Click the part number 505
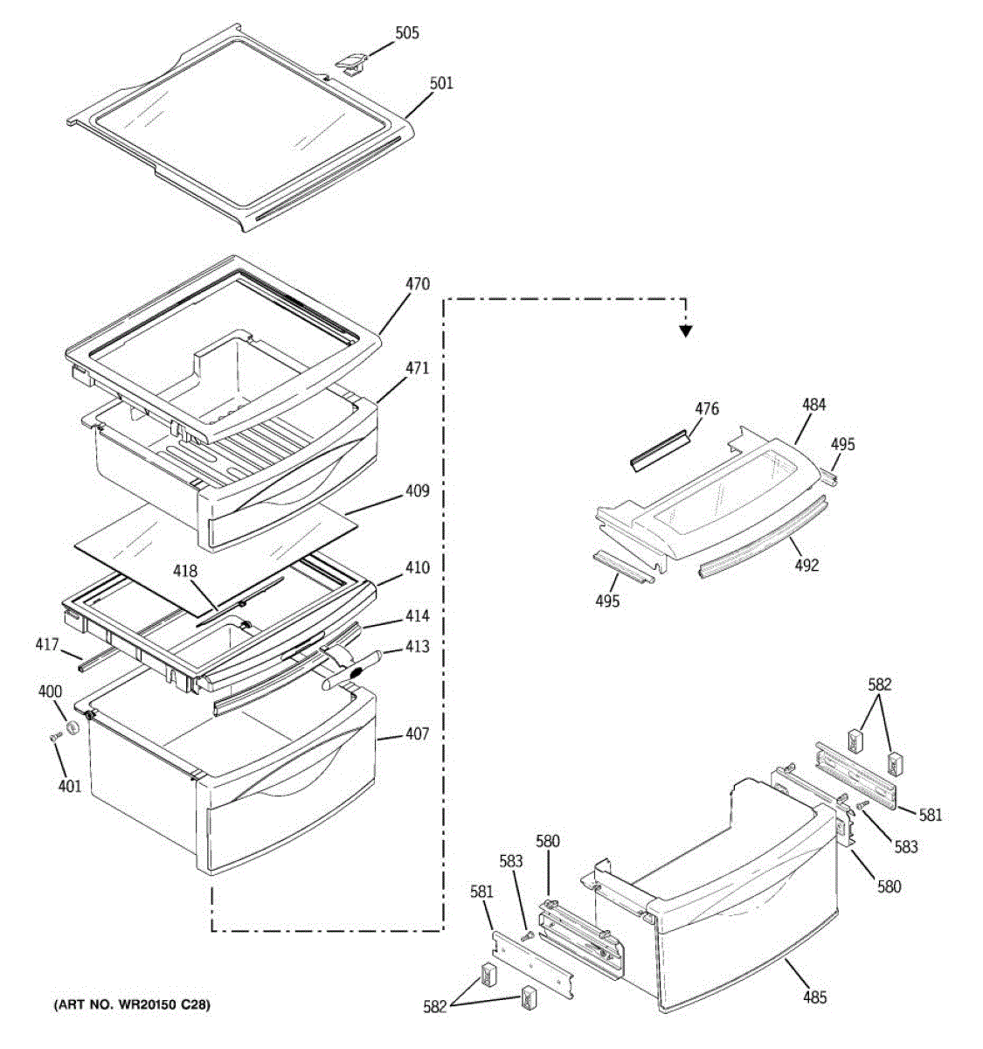pyautogui.click(x=407, y=33)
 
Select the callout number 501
pyautogui.click(x=441, y=84)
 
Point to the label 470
pyautogui.click(x=417, y=284)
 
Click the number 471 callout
pyautogui.click(x=417, y=369)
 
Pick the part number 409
pyautogui.click(x=417, y=491)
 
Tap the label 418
pyautogui.click(x=186, y=572)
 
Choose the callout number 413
pyautogui.click(x=418, y=647)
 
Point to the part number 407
pyautogui.click(x=417, y=734)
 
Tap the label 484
pyautogui.click(x=813, y=405)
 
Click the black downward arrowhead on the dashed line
pyautogui.click(x=686, y=330)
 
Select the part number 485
pyautogui.click(x=813, y=997)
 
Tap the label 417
pyautogui.click(x=47, y=646)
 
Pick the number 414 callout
pyautogui.click(x=417, y=617)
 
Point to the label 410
pyautogui.click(x=417, y=568)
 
